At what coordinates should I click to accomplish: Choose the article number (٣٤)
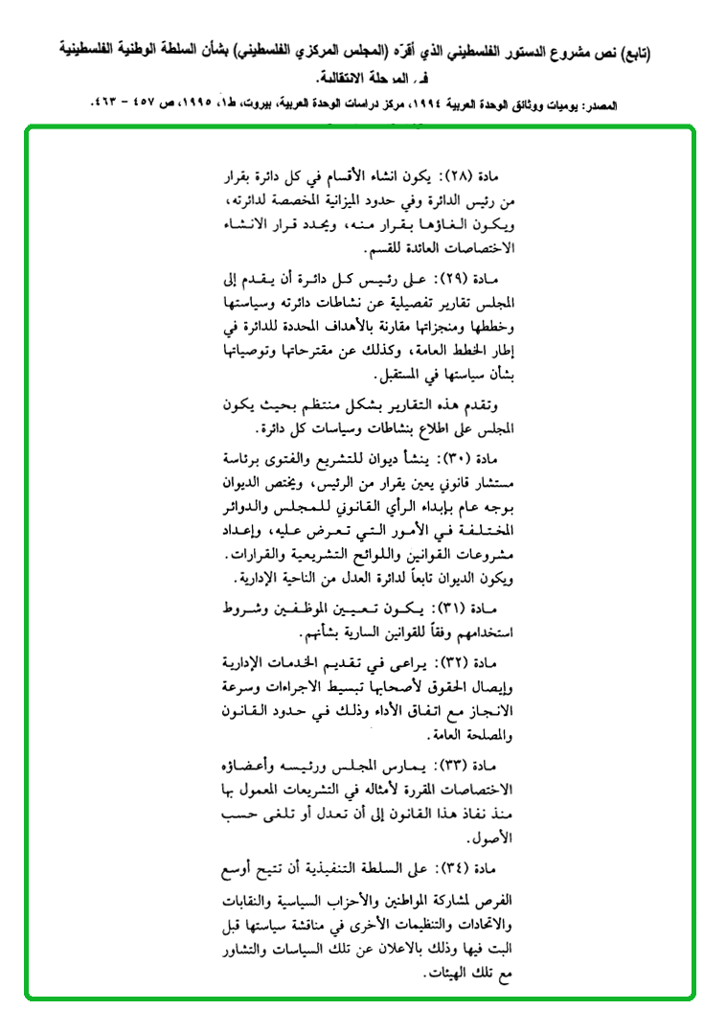tap(464, 868)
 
